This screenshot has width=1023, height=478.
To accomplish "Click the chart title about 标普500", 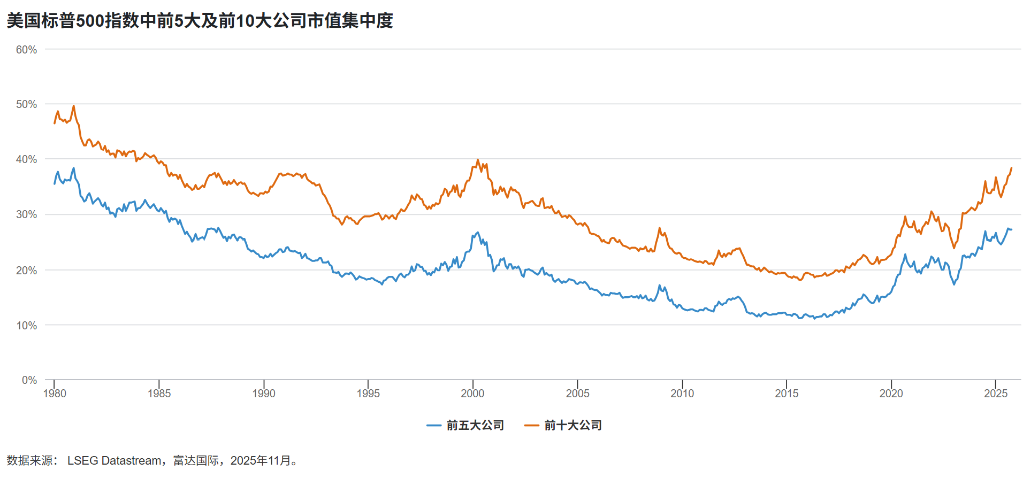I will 200,21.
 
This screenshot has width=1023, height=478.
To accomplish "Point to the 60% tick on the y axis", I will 26,50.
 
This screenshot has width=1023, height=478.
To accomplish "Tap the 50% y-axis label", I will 26,104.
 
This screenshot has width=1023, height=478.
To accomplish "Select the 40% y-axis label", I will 26,159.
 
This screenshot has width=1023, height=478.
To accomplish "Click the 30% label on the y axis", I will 26,214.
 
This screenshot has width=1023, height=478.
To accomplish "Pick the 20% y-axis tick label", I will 26,271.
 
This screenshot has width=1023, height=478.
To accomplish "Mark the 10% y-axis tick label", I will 26,326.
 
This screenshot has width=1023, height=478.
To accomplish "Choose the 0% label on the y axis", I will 29,380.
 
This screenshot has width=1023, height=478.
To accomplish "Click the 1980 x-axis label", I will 55,394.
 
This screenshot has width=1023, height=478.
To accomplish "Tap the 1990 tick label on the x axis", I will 264,394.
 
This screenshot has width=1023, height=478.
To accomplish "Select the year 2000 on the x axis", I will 472,394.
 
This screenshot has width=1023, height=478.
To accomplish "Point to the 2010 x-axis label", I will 682,394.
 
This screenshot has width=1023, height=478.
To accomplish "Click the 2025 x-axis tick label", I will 996,394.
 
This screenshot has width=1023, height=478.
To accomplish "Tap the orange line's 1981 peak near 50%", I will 74,106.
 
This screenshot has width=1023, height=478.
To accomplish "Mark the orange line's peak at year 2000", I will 478,160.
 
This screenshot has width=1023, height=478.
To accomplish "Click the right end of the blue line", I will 1011,229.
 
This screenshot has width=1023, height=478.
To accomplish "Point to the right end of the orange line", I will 1011,168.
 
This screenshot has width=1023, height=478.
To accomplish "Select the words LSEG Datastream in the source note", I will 114,461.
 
